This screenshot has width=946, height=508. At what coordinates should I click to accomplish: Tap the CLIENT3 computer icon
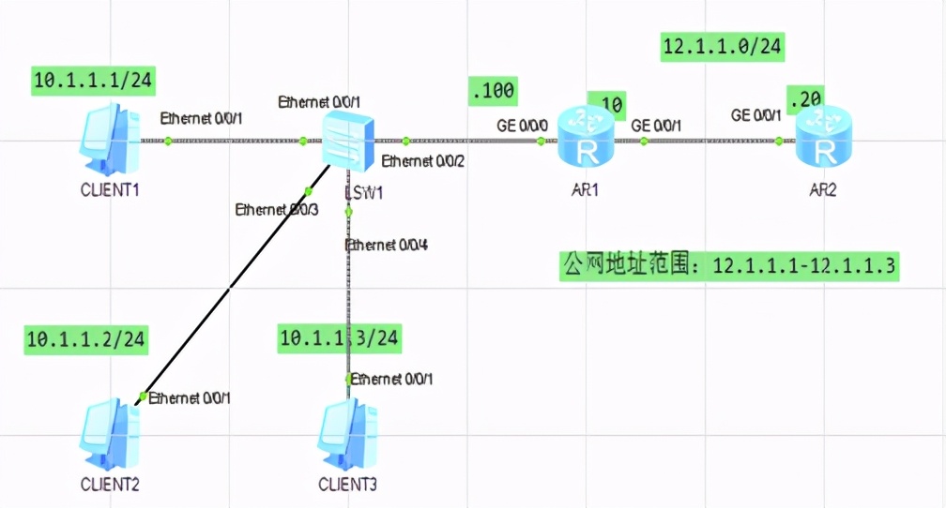pyautogui.click(x=348, y=432)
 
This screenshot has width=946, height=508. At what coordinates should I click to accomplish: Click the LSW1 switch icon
pyautogui.click(x=348, y=139)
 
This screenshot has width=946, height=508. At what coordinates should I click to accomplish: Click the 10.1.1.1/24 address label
pyautogui.click(x=93, y=81)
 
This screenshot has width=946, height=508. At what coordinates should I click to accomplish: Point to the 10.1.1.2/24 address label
pyautogui.click(x=85, y=339)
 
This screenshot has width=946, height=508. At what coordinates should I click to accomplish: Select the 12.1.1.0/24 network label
pyautogui.click(x=723, y=45)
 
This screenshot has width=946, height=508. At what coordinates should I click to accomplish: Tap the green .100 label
pyautogui.click(x=493, y=91)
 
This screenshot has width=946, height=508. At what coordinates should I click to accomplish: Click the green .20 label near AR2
pyautogui.click(x=806, y=97)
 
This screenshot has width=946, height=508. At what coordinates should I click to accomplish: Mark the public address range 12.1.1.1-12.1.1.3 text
pyautogui.click(x=729, y=265)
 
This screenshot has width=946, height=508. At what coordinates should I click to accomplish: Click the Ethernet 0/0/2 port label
pyautogui.click(x=423, y=161)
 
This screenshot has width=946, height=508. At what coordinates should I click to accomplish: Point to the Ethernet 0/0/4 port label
pyautogui.click(x=387, y=246)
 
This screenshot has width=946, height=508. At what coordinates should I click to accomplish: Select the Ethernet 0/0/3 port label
pyautogui.click(x=277, y=209)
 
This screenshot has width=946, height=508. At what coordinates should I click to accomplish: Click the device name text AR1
pyautogui.click(x=586, y=189)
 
